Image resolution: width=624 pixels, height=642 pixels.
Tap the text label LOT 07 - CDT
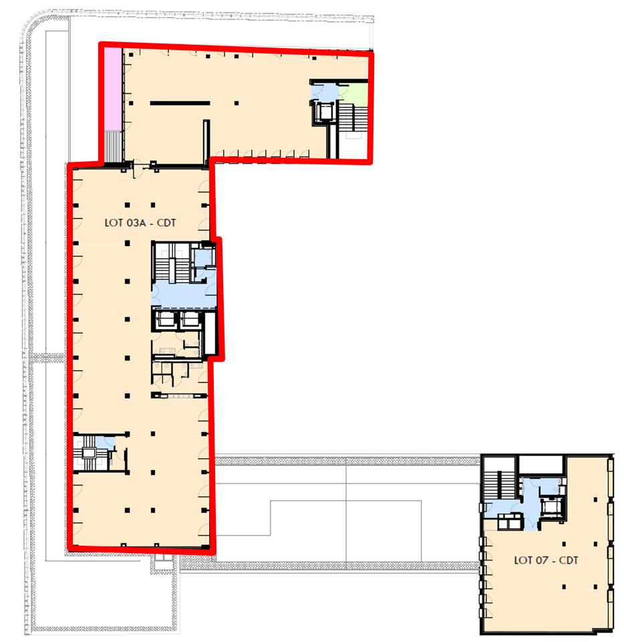click(546, 560)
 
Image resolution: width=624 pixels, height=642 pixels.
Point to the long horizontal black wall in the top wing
click(180, 103)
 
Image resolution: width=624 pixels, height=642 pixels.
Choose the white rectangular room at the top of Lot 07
click(542, 464)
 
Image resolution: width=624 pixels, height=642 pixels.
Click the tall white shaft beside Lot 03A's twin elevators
click(210, 334)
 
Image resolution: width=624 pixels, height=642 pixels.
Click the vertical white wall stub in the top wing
click(206, 140)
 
